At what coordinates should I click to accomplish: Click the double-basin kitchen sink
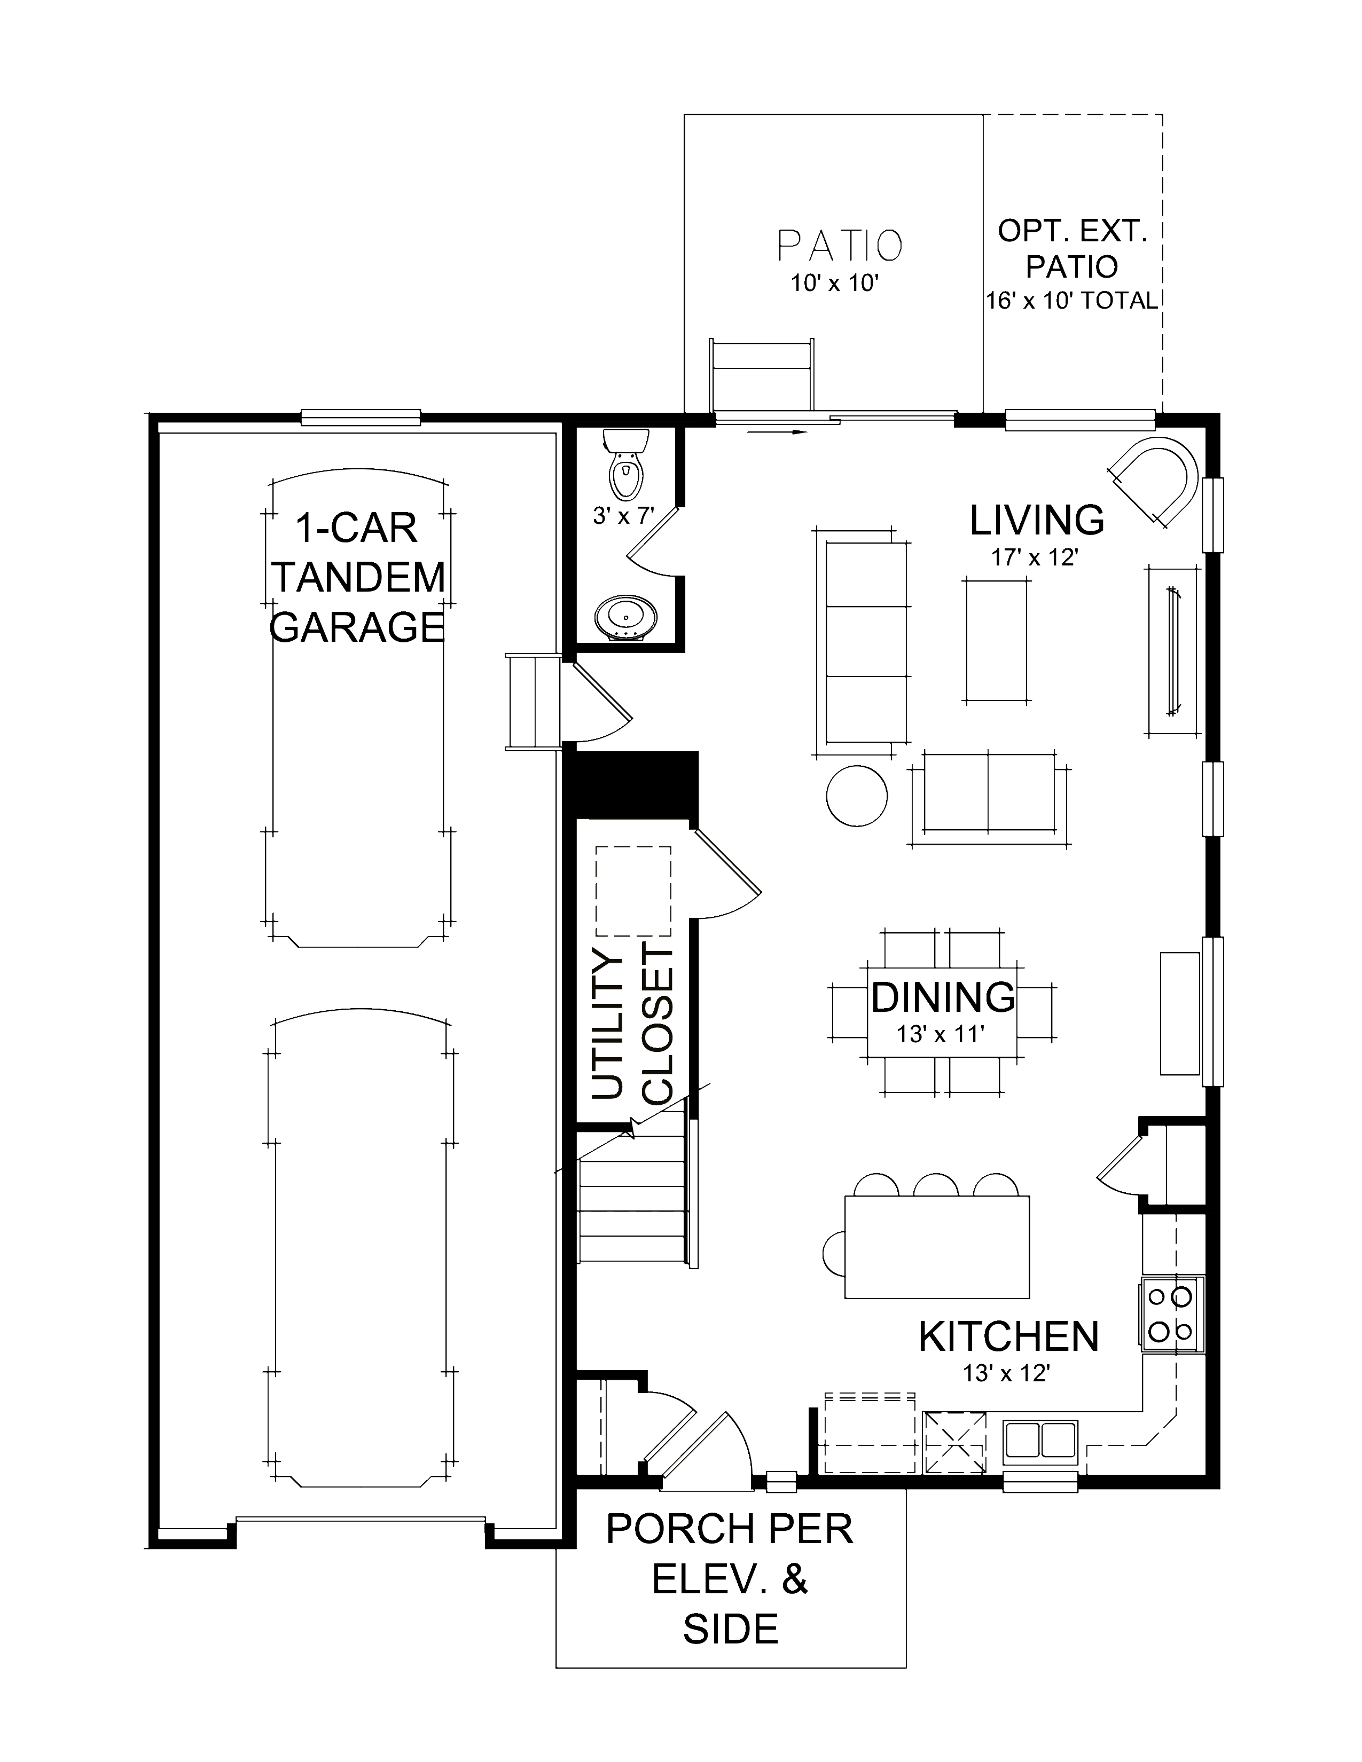pos(1040,1440)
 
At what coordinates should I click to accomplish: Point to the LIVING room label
pos(1037,521)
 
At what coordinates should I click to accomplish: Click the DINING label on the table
pos(942,997)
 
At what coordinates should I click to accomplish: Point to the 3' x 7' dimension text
pos(622,516)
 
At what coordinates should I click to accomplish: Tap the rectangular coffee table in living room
pos(997,640)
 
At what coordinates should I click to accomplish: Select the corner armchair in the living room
pos(1155,479)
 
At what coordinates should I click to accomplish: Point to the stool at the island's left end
pos(833,1253)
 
